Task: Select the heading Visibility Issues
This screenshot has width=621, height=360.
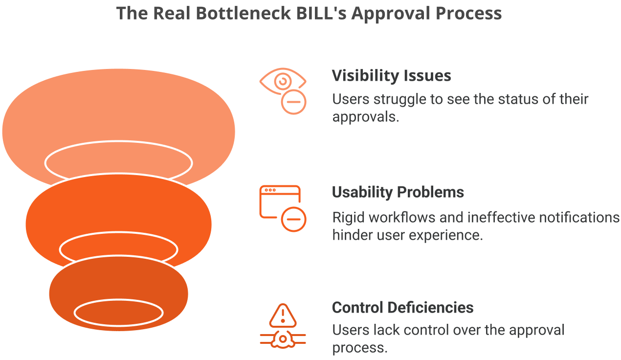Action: click(x=391, y=76)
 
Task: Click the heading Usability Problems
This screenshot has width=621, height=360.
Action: click(x=398, y=192)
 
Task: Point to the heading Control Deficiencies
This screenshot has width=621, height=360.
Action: click(x=402, y=308)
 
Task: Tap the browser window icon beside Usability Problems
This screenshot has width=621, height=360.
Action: click(x=279, y=202)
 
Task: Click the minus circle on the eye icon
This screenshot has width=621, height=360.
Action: click(x=293, y=102)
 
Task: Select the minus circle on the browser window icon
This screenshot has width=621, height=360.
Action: click(x=293, y=219)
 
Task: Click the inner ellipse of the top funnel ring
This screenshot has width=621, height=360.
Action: click(x=118, y=161)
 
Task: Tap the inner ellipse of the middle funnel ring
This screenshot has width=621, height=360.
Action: click(x=118, y=248)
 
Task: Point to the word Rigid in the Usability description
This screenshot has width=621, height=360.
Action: click(x=348, y=217)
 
